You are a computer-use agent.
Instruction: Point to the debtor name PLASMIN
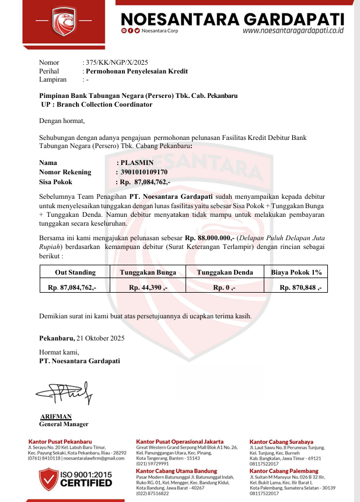coord(137,163)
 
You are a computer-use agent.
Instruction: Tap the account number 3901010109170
coord(144,173)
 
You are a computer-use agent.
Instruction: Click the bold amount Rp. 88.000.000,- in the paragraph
coord(209,238)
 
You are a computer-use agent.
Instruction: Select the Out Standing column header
coord(75,272)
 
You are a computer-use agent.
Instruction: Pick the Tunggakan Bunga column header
coord(148,272)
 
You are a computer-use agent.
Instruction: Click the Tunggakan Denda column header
coord(225,272)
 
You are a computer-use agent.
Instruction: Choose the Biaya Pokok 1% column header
coord(296,272)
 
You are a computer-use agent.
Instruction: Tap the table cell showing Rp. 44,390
coord(148,287)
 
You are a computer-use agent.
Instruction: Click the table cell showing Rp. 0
coord(225,287)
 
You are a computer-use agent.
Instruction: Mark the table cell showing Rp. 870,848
coord(300,287)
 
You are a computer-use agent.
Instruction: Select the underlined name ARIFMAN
coord(56,416)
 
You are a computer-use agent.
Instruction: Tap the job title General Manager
coord(64,424)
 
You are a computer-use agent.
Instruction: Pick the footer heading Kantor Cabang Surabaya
coord(281,442)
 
